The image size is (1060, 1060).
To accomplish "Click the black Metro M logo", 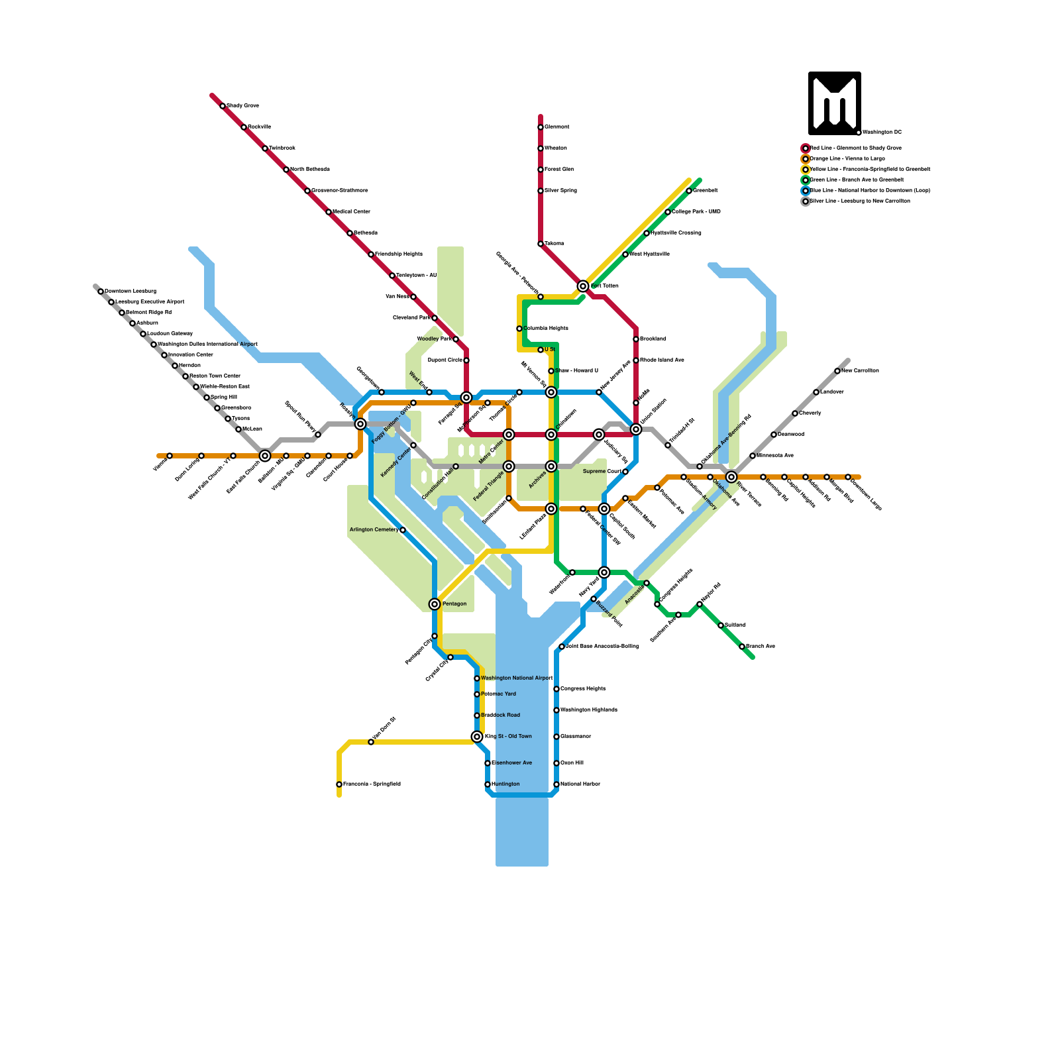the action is pyautogui.click(x=834, y=103).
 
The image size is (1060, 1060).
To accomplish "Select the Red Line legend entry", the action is pyautogui.click(x=855, y=148).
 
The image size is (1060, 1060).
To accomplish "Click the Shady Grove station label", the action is pyautogui.click(x=242, y=106).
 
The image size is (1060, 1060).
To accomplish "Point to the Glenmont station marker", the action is pyautogui.click(x=541, y=127).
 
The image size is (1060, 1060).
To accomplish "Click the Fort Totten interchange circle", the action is pyautogui.click(x=583, y=286).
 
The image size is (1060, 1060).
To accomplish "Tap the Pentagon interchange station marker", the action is pyautogui.click(x=435, y=604).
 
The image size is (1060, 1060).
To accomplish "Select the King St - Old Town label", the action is pyautogui.click(x=508, y=737).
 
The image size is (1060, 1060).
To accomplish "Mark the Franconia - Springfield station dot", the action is pyautogui.click(x=339, y=784).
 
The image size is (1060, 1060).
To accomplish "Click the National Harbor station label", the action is pyautogui.click(x=580, y=784).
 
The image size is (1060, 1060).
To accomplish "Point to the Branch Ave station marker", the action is pyautogui.click(x=742, y=647).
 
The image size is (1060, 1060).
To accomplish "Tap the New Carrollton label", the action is pyautogui.click(x=860, y=371).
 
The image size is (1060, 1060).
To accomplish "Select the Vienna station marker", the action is pyautogui.click(x=170, y=456).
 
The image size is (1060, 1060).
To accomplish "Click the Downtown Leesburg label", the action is pyautogui.click(x=131, y=291).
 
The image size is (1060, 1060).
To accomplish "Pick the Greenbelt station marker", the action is pyautogui.click(x=689, y=191).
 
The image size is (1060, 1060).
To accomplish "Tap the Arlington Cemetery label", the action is pyautogui.click(x=374, y=530).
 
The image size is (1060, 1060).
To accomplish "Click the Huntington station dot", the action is pyautogui.click(x=488, y=784).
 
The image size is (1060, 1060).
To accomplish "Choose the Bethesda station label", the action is pyautogui.click(x=365, y=233).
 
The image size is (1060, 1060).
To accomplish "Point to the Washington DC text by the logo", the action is pyautogui.click(x=882, y=132).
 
